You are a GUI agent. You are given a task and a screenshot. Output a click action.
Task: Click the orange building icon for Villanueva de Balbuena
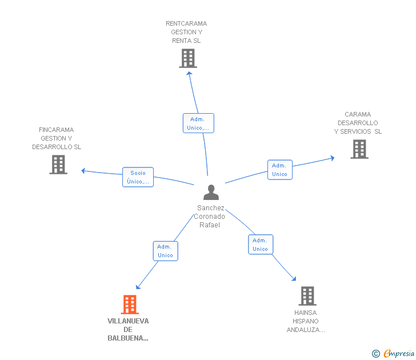[x=130, y=305]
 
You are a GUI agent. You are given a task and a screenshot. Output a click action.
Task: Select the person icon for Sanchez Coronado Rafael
[x=211, y=192]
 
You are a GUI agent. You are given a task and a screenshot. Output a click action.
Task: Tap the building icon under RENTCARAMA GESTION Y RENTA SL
[x=188, y=58]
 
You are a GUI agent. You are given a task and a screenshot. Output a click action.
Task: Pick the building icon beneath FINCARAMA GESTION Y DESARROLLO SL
[x=58, y=165]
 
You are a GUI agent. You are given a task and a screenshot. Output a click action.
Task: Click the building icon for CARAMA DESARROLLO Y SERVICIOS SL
[x=359, y=149]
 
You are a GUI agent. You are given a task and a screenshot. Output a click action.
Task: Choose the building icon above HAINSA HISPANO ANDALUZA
[x=307, y=296]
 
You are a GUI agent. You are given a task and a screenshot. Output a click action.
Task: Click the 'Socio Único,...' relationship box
[x=138, y=177]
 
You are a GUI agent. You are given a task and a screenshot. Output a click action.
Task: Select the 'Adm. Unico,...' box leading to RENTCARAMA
[x=198, y=123]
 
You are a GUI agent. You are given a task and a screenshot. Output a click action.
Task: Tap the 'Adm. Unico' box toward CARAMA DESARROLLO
[x=280, y=170]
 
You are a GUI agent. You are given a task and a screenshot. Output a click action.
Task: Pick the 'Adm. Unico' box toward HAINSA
[x=261, y=245]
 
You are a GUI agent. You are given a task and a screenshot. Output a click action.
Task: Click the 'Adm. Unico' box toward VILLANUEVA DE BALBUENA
[x=166, y=251]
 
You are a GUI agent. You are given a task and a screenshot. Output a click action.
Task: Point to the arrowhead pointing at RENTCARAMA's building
[x=189, y=74]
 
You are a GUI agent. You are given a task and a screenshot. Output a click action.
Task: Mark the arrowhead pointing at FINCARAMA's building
[x=83, y=171]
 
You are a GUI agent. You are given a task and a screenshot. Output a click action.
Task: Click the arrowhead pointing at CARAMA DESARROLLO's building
[x=333, y=158]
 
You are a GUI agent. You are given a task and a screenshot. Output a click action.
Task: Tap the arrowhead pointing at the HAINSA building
[x=294, y=278]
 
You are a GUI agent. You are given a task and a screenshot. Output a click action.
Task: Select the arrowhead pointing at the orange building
[x=138, y=287]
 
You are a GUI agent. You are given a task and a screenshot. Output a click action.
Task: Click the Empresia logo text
[x=399, y=353]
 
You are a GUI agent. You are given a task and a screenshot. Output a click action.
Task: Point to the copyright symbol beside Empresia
[x=375, y=354]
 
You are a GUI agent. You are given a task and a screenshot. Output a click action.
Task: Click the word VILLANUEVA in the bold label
[x=128, y=321]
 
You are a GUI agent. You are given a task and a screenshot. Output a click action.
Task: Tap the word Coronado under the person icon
[x=209, y=217]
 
